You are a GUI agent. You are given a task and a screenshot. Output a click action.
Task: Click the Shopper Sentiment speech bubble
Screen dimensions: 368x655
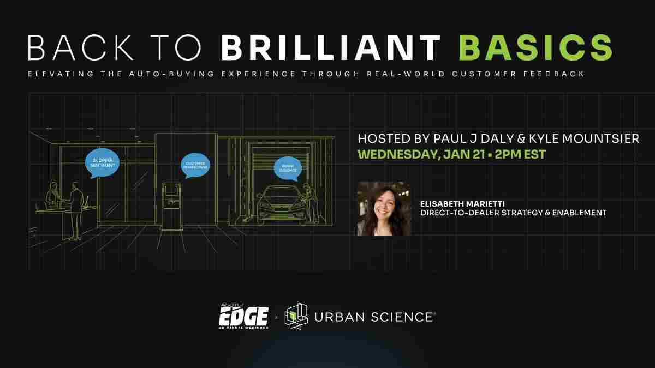[x=102, y=162]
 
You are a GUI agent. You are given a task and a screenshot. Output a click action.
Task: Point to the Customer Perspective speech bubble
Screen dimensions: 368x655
[x=195, y=164]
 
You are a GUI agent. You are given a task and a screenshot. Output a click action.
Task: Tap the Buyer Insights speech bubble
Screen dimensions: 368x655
[x=288, y=168]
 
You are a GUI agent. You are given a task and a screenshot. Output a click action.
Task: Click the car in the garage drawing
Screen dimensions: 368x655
[x=279, y=202]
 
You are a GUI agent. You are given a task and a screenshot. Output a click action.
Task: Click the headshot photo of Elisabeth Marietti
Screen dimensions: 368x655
[x=384, y=209]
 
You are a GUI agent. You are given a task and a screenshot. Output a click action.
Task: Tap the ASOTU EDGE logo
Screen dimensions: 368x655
[x=243, y=316]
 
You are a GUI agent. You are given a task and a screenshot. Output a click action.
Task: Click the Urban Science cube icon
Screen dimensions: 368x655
[x=296, y=316]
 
